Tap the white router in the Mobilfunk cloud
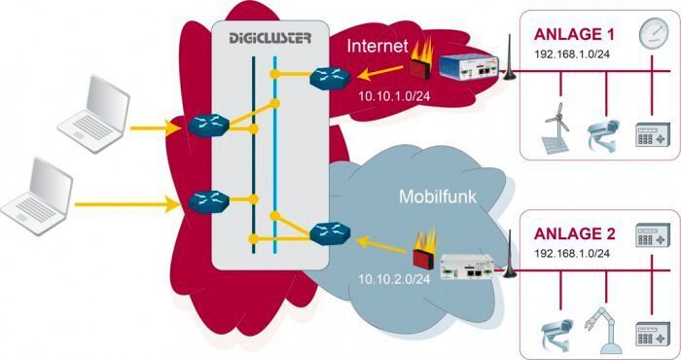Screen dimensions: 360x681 point(472,266)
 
